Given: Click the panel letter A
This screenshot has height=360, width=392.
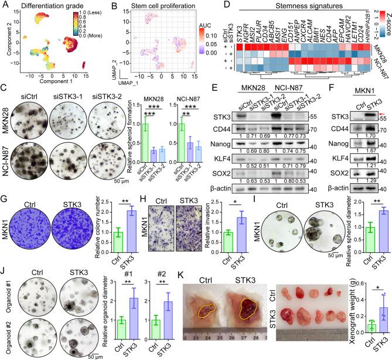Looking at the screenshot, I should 5,5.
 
